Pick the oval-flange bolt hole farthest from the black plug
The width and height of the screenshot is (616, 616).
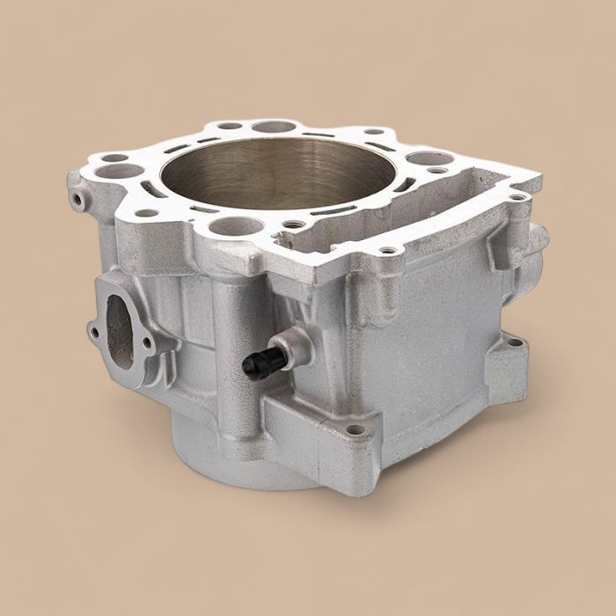coord(92,332)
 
